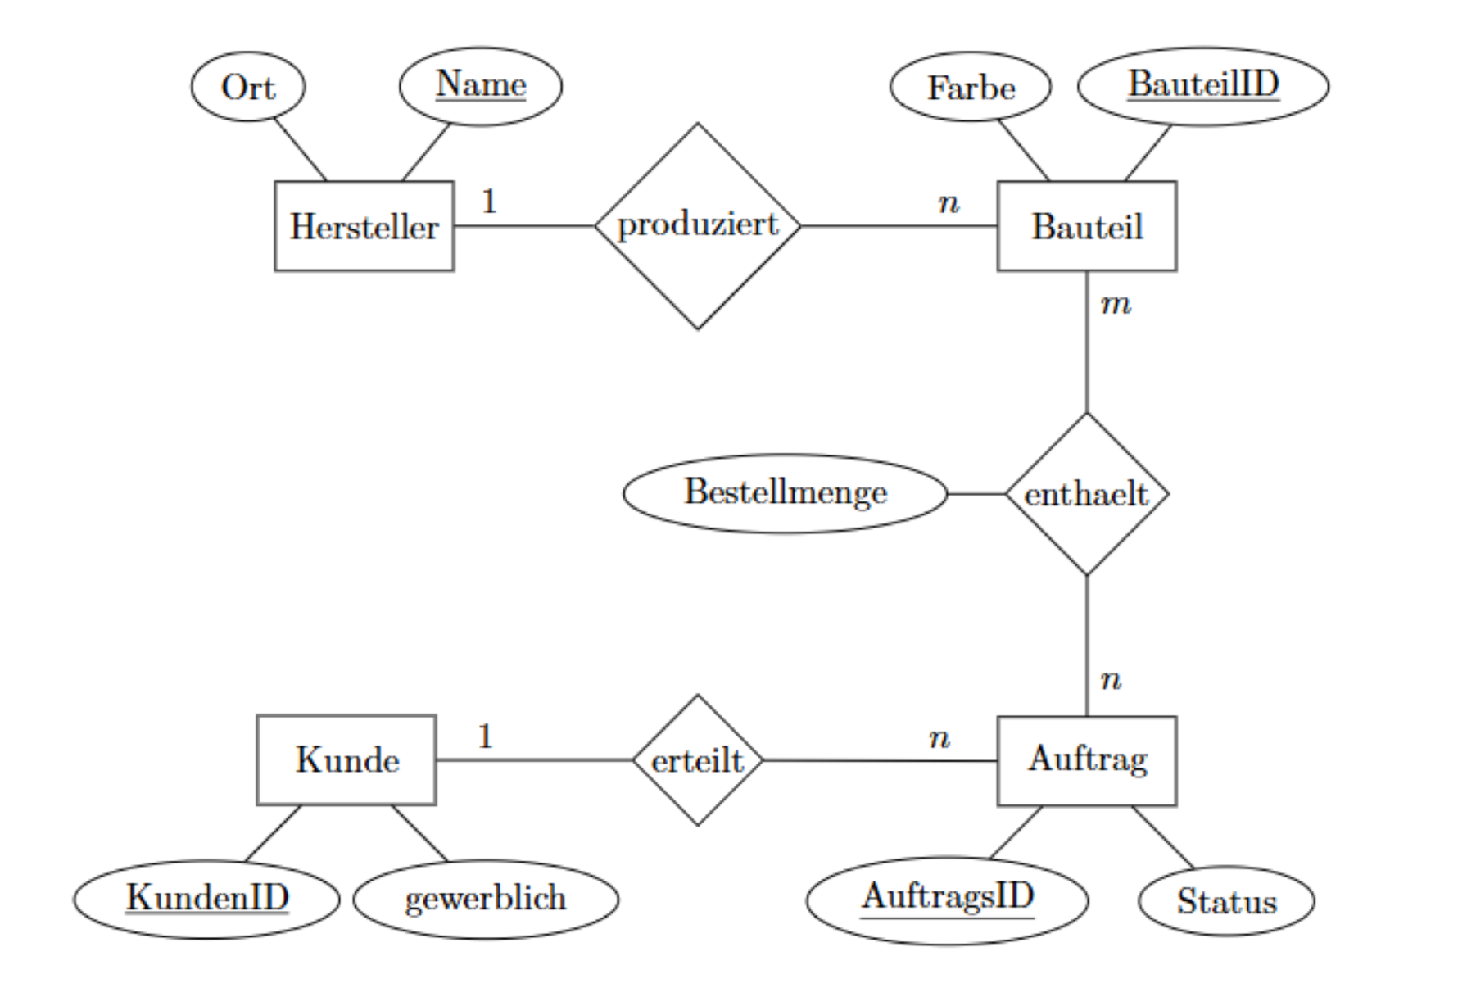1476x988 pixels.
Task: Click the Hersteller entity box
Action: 364,226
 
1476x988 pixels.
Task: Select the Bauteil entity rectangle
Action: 1086,226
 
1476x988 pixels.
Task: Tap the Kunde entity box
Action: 346,760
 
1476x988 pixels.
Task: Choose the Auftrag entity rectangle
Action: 1086,760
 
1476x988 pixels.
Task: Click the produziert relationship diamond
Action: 697,226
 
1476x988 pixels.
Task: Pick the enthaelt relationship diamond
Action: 1086,494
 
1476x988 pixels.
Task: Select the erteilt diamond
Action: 697,760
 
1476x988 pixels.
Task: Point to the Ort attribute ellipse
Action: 248,87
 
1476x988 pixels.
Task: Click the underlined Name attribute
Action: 481,86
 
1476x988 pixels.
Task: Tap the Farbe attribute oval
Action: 971,87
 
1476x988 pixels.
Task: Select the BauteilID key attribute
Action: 1202,86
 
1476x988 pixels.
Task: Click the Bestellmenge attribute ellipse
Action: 785,493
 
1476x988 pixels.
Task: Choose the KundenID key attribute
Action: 206,899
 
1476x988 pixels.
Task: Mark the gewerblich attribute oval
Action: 486,899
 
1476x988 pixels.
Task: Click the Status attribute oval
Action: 1226,901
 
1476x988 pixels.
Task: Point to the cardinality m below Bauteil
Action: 1116,305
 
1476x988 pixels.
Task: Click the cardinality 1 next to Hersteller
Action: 489,202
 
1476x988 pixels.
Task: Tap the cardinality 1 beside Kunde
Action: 485,736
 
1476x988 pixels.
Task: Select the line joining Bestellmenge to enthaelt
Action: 976,494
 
